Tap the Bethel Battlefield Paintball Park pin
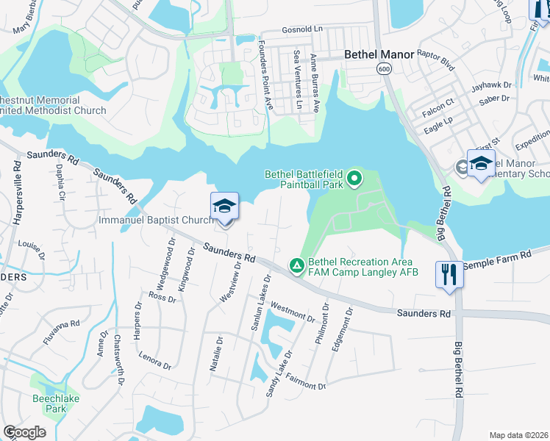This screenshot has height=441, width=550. (x=354, y=178)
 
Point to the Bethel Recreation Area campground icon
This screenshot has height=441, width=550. (x=297, y=265)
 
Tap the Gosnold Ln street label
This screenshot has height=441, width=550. (x=302, y=29)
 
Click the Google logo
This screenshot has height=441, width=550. (x=24, y=432)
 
